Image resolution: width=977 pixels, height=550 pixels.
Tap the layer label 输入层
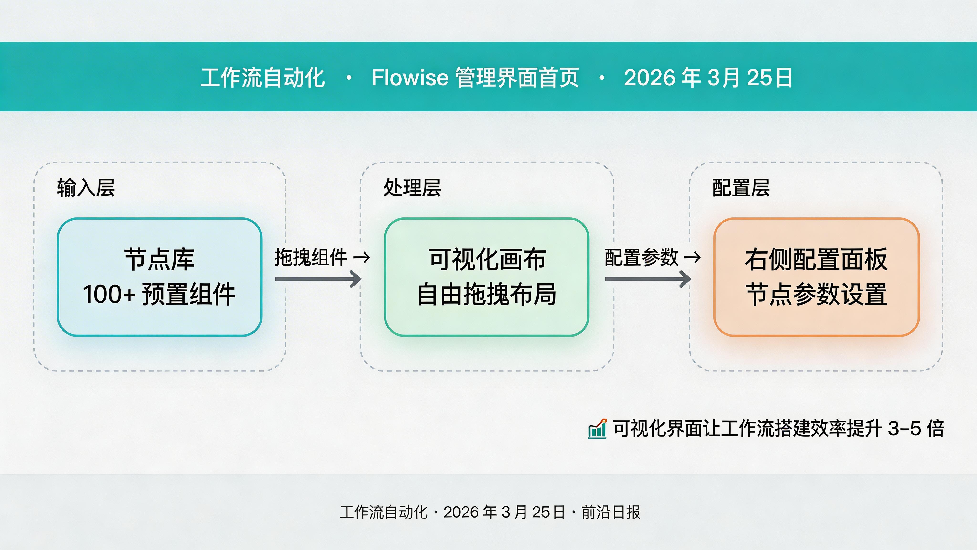(86, 188)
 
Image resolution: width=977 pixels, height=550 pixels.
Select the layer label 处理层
(412, 188)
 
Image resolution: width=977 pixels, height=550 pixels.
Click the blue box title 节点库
(159, 260)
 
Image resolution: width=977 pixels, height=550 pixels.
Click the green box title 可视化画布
(487, 260)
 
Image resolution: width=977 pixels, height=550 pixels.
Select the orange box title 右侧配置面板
(816, 260)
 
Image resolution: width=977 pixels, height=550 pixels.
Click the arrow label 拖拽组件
(311, 257)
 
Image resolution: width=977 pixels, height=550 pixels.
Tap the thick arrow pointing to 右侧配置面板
(648, 279)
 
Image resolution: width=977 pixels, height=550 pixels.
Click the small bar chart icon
(597, 429)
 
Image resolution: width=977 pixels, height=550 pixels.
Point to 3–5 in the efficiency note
(904, 428)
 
